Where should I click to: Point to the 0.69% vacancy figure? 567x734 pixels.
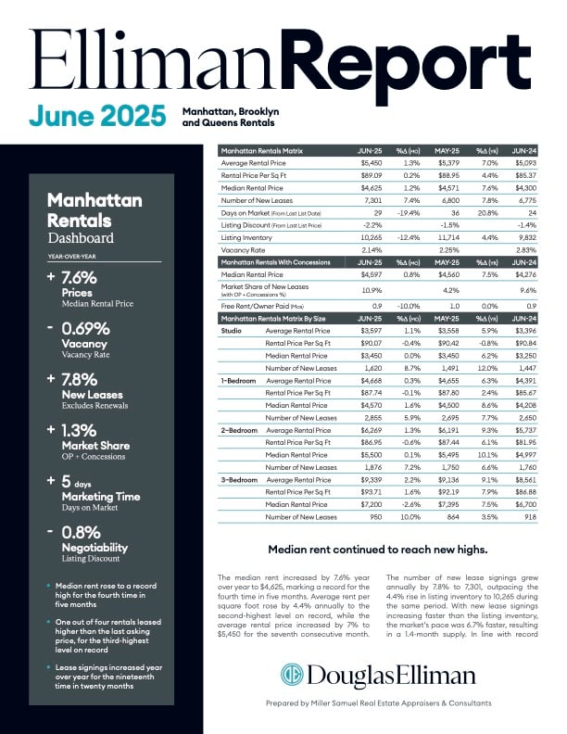coord(84,329)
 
